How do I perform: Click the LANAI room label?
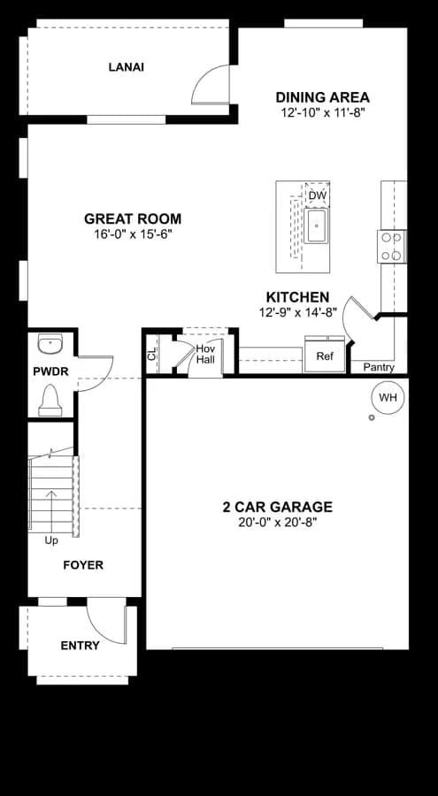126,67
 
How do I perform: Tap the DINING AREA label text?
323,97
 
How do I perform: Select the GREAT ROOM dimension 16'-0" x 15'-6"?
133,235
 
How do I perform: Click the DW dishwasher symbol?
318,195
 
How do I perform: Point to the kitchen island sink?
317,226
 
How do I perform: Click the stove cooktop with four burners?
391,247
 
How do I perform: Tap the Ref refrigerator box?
325,356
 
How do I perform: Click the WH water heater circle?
388,397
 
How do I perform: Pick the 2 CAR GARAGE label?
278,507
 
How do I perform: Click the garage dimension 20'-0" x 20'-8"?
278,523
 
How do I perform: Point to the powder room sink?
50,344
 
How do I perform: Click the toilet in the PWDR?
50,400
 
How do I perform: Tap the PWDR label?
50,371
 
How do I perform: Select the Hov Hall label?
206,355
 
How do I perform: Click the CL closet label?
151,355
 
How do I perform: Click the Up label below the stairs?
51,540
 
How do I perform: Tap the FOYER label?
83,565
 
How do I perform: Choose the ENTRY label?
80,646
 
